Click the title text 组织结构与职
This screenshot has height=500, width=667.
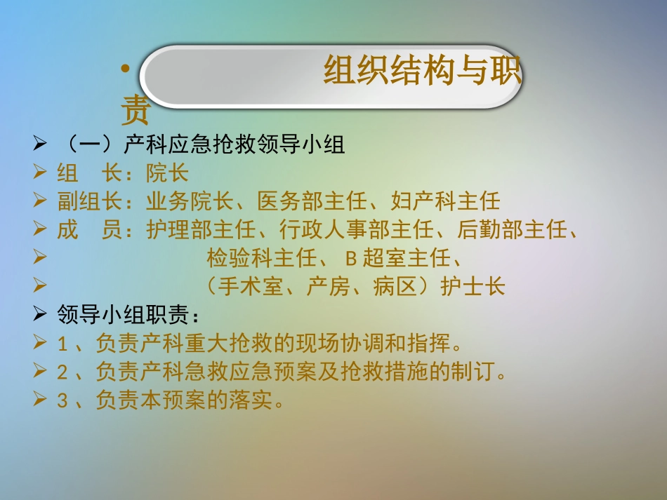click(423, 72)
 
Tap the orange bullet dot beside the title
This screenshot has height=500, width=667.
click(126, 69)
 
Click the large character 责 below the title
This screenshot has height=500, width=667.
click(135, 109)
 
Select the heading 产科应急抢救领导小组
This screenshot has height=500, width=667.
click(234, 144)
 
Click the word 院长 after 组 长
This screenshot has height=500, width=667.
click(167, 173)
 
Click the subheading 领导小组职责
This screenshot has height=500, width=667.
click(123, 316)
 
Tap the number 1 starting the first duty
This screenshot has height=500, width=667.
click(62, 344)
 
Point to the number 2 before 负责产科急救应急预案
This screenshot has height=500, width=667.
click(62, 372)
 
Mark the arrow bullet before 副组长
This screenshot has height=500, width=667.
click(40, 202)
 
